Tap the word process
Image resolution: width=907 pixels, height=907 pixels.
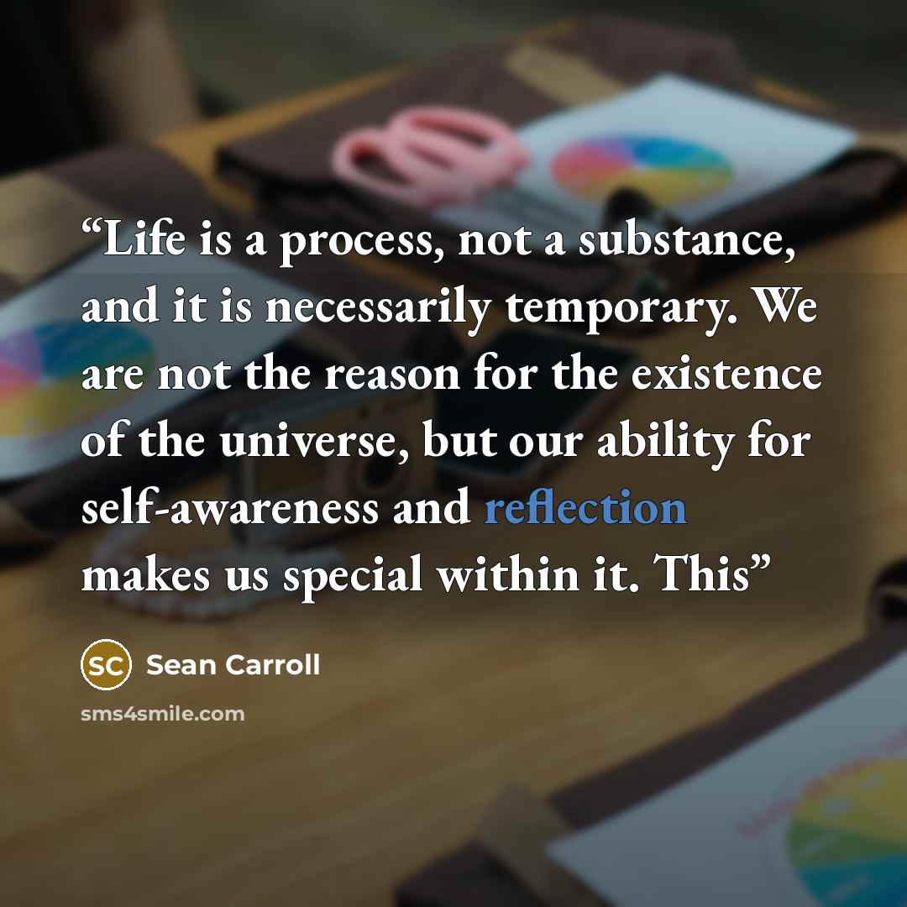(356, 243)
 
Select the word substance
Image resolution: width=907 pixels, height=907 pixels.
(687, 239)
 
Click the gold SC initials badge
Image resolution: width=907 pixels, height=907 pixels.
(106, 664)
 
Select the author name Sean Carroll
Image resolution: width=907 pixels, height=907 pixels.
(233, 665)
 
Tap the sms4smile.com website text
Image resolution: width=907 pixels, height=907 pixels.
(163, 714)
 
